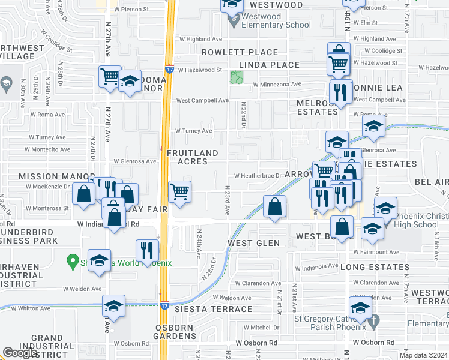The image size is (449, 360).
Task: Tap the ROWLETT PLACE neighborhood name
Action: click(x=240, y=52)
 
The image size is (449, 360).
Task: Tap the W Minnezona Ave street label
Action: click(x=276, y=85)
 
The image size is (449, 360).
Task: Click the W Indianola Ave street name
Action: click(x=318, y=266)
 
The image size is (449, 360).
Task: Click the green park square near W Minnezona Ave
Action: click(x=237, y=78)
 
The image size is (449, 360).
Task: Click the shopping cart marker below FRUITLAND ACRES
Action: click(x=180, y=193)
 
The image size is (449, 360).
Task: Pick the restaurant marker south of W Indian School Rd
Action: click(x=147, y=250)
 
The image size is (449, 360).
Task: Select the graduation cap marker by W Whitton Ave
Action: click(x=113, y=305)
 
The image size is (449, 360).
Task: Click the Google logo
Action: click(x=20, y=353)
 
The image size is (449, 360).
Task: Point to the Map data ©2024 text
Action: click(x=423, y=355)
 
